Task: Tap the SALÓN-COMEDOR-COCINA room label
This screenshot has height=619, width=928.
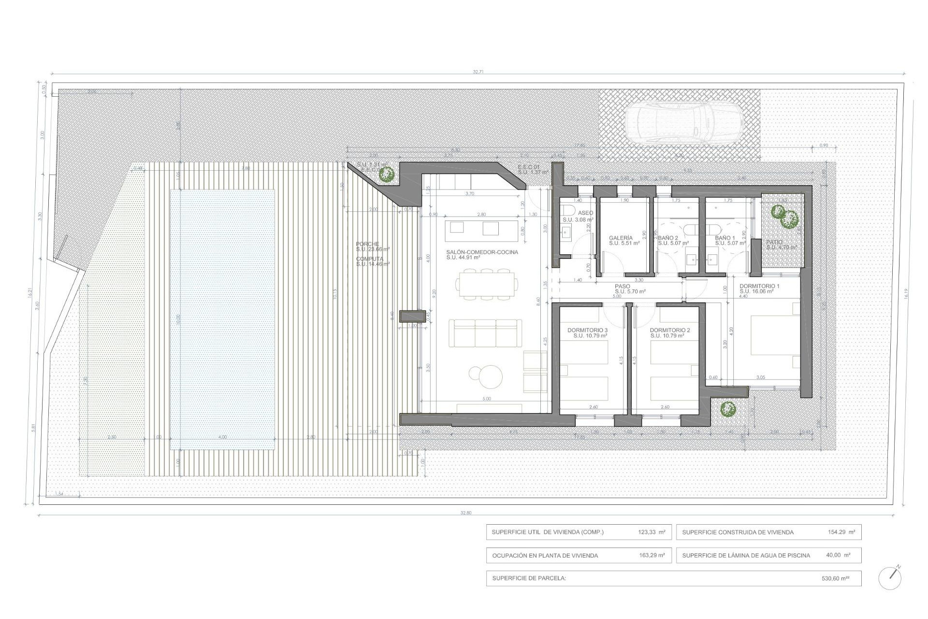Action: click(482, 252)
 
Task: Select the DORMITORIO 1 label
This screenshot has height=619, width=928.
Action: click(759, 286)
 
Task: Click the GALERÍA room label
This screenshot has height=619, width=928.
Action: click(621, 238)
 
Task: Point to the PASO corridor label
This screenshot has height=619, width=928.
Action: click(623, 286)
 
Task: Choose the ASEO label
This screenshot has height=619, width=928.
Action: click(585, 213)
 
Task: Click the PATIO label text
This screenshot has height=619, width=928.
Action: click(774, 242)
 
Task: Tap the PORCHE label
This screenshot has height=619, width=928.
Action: click(367, 244)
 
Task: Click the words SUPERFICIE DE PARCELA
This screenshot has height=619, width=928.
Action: click(529, 578)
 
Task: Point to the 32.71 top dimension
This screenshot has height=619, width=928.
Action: click(478, 72)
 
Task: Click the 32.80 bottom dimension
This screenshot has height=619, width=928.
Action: click(465, 513)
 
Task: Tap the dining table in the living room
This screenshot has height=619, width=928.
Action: click(487, 285)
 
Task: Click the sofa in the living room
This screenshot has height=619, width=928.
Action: click(485, 333)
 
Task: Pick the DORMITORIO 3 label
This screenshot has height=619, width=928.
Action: click(587, 330)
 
